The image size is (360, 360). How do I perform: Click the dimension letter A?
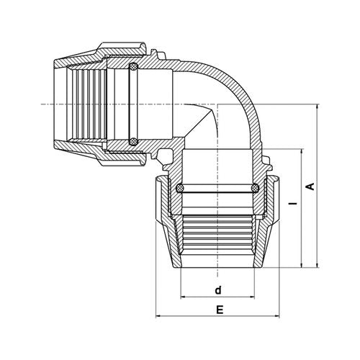(311, 186)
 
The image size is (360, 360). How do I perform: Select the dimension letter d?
(218, 290)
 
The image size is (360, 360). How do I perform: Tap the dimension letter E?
(220, 310)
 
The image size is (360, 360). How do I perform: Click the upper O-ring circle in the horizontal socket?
(133, 66)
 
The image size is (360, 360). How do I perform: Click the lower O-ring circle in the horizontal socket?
(133, 142)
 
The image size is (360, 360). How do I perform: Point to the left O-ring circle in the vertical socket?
(180, 188)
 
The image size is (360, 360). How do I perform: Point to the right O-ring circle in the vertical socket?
(255, 188)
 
